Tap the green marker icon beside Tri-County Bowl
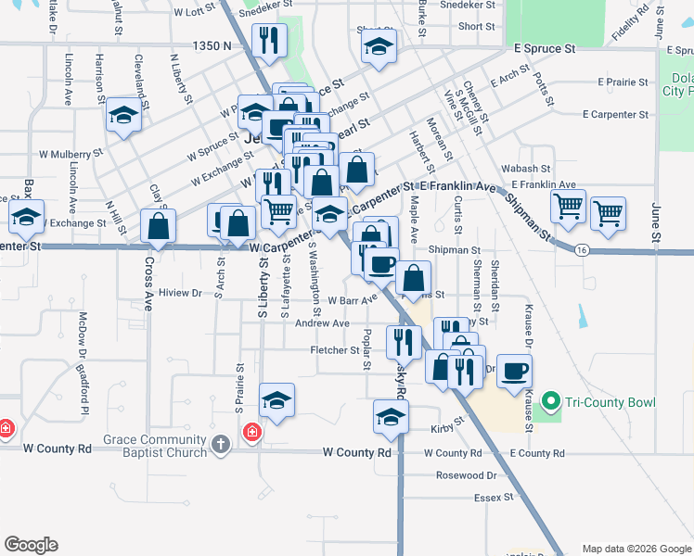(x=550, y=402)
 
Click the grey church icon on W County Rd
(x=220, y=445)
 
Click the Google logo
(x=31, y=545)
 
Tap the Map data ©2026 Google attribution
(x=636, y=549)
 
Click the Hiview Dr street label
(x=180, y=293)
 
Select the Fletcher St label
(x=334, y=350)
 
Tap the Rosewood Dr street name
(x=467, y=475)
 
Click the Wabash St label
(x=526, y=170)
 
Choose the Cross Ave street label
(x=148, y=283)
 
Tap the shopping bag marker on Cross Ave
(x=159, y=226)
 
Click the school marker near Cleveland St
(x=123, y=116)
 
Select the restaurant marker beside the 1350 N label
(x=269, y=40)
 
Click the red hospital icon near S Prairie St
(x=251, y=432)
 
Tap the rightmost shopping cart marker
(x=608, y=212)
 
